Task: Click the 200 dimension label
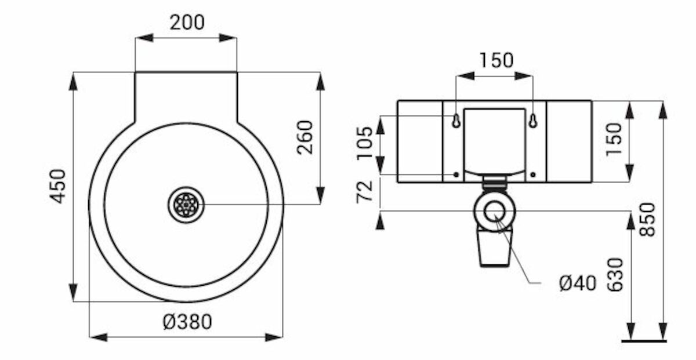pos(187,23)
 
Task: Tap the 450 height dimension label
pos(58,186)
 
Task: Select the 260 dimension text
pos(304,137)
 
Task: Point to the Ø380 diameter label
pos(187,322)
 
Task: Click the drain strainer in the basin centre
pos(186,205)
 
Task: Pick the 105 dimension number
pos(364,143)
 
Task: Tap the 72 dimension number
pos(364,192)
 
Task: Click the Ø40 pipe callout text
pos(578,283)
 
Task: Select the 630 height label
pos(615,275)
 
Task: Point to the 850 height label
pos(647,220)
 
